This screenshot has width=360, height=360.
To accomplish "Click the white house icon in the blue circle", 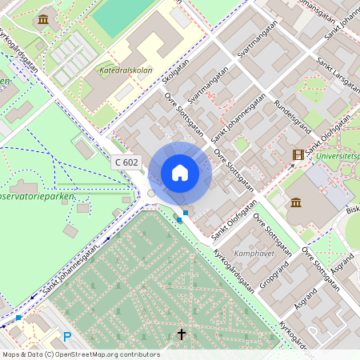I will click(179, 173).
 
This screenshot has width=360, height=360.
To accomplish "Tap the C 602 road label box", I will click(126, 162).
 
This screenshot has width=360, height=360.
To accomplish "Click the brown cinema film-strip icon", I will click(298, 154).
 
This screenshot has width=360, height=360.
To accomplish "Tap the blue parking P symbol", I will click(67, 337).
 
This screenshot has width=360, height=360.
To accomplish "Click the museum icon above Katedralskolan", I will click(42, 19).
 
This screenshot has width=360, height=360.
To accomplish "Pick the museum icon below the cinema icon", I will click(295, 202).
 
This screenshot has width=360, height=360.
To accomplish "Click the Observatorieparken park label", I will click(38, 196).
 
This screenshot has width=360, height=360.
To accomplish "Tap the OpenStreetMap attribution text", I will click(70, 354).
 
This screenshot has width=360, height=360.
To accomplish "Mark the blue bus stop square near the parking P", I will click(18, 318).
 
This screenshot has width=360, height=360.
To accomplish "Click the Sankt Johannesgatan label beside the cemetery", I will click(74, 271).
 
